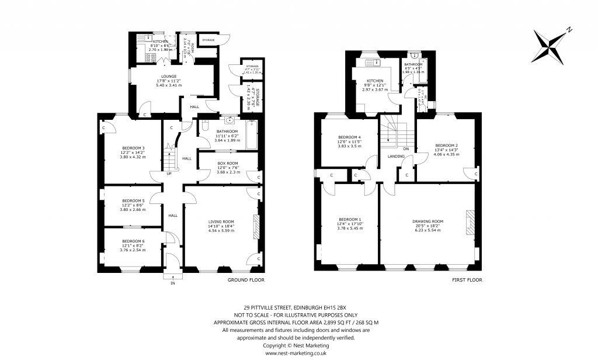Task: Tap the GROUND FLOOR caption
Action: [x=245, y=280]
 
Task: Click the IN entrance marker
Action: [x=172, y=283]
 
